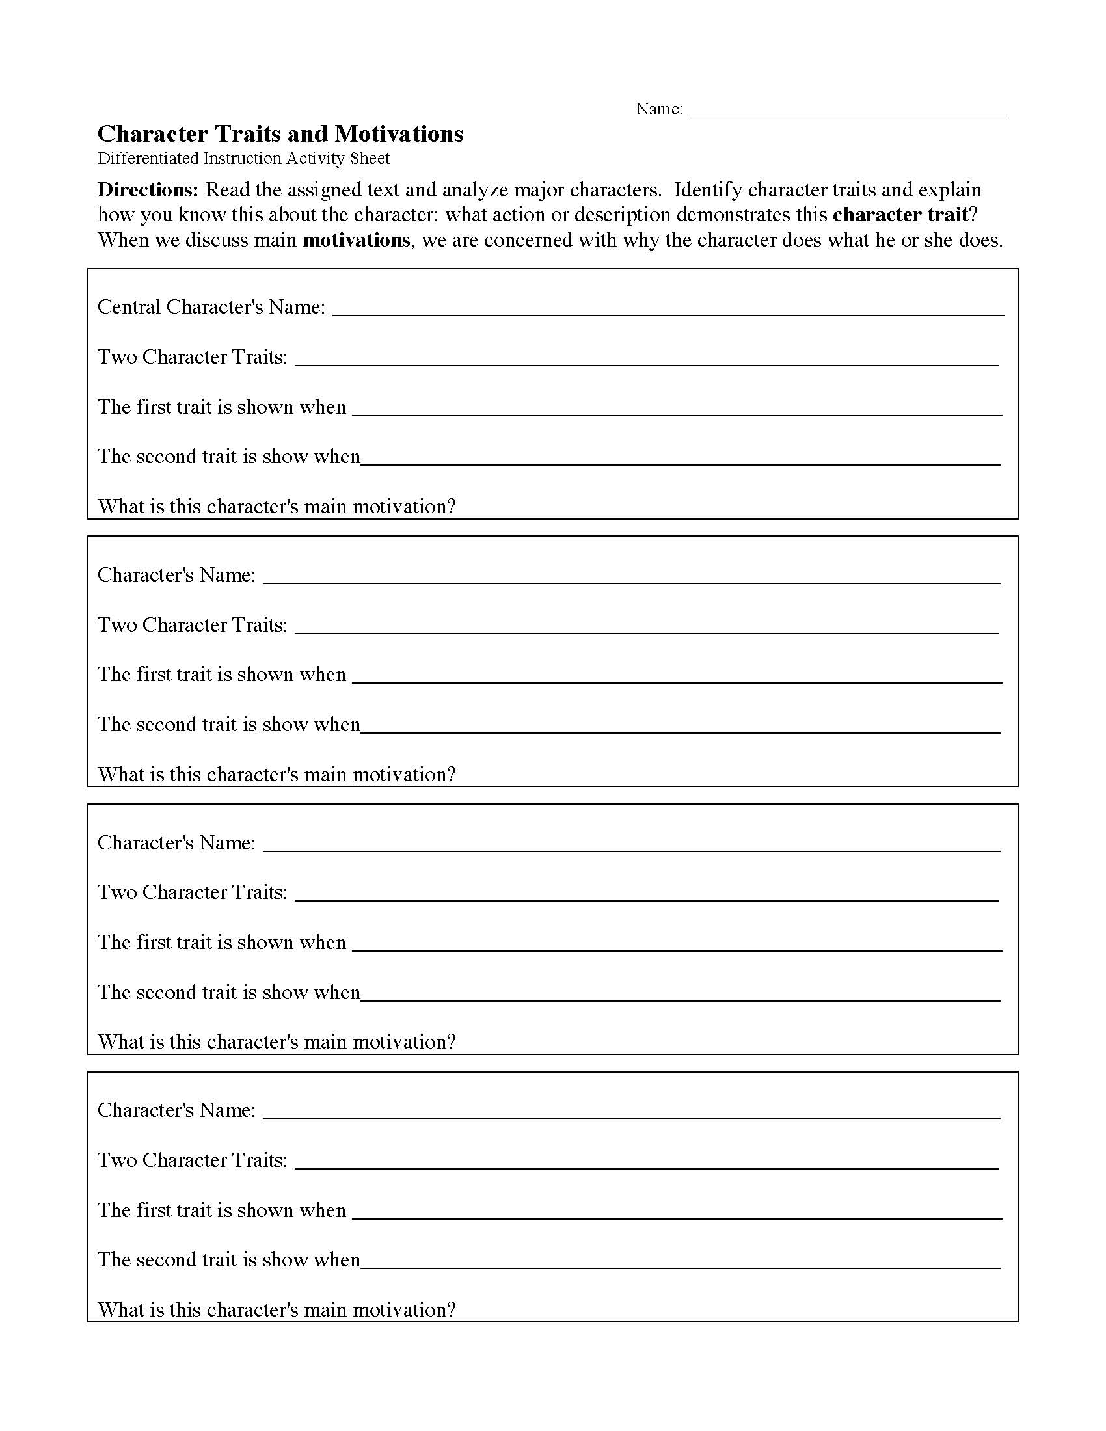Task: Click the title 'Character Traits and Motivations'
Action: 280,133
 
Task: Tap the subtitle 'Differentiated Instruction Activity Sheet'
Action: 243,159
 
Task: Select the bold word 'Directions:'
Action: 148,190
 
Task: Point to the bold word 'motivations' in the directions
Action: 356,240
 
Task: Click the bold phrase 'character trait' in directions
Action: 900,215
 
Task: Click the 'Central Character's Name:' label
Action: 211,306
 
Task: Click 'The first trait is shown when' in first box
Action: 221,407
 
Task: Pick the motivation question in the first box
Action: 276,507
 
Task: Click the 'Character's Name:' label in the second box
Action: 176,574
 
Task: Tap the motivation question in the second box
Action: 276,775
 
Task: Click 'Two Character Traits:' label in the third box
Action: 193,892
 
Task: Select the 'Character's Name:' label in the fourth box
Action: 176,1110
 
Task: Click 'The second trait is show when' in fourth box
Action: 228,1260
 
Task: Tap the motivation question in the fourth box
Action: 276,1310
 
